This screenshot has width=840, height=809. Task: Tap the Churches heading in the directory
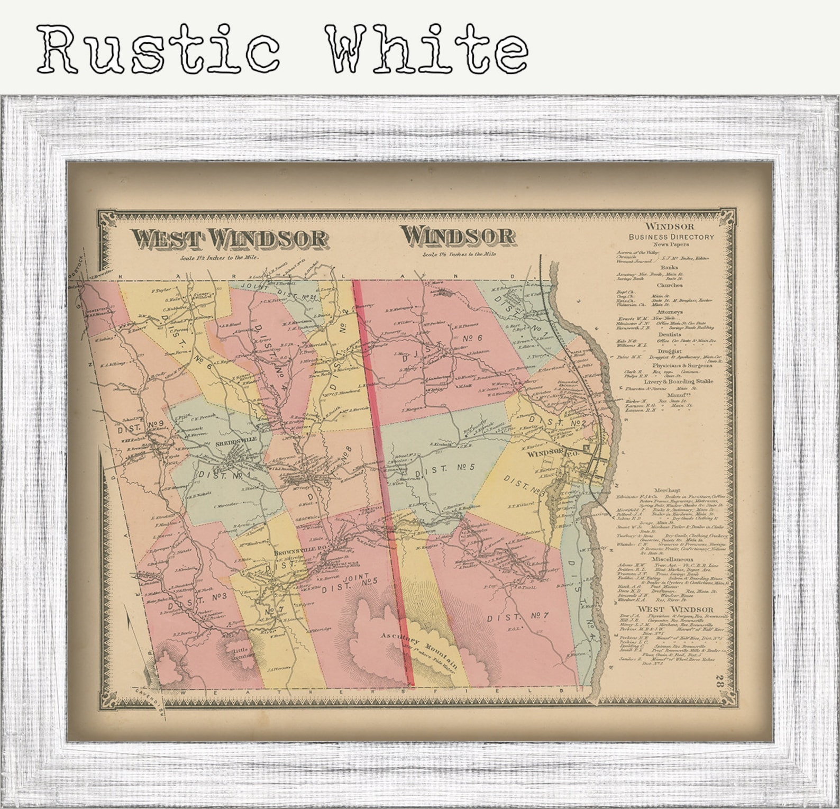click(670, 285)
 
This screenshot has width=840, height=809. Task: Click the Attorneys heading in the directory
click(670, 312)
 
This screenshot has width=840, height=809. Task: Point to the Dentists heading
click(670, 334)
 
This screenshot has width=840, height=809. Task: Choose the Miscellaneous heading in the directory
click(672, 559)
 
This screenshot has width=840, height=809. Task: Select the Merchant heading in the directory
click(666, 490)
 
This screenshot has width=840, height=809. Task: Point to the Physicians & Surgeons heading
click(682, 365)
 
